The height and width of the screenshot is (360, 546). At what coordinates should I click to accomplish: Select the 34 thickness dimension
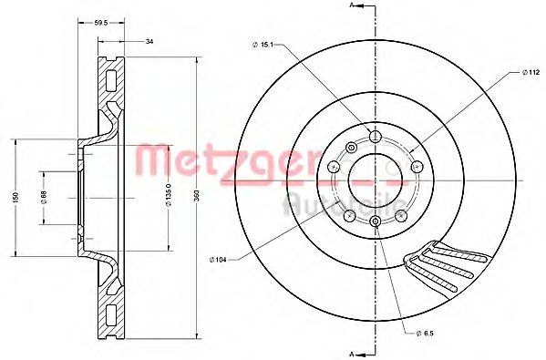tap(148, 40)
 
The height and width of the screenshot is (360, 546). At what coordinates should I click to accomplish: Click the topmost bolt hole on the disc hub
tap(375, 136)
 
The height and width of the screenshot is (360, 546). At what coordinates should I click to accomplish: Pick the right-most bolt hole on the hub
tap(415, 167)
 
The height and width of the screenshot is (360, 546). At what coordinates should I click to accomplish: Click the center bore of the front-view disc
tap(375, 179)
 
